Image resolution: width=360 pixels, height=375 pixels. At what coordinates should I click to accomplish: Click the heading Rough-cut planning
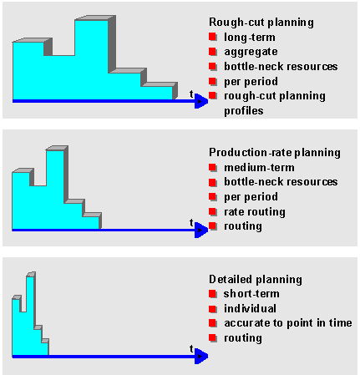(261, 23)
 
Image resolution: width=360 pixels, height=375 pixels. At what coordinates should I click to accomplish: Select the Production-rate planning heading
(275, 153)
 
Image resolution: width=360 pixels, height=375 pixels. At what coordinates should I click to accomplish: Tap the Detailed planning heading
(256, 280)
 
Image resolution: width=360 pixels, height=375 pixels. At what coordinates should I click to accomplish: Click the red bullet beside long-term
(213, 37)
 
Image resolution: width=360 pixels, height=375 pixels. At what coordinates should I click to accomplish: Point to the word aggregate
(251, 52)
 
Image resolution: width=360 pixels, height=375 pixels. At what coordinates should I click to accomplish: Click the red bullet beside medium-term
(213, 167)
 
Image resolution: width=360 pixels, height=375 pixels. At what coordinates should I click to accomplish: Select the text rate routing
(255, 212)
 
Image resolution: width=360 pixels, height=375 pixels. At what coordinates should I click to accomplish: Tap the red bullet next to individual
(213, 309)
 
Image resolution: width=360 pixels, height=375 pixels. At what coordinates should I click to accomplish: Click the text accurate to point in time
(288, 323)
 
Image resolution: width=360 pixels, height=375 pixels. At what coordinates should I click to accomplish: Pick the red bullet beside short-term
(213, 294)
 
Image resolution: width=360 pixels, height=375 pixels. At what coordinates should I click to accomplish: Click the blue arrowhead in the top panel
(201, 101)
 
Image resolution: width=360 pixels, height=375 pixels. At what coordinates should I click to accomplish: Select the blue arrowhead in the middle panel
(201, 230)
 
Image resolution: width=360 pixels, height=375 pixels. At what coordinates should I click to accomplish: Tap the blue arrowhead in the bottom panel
(201, 356)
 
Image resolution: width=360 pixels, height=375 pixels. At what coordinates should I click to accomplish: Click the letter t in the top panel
(191, 94)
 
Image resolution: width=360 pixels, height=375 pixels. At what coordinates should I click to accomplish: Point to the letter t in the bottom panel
(191, 348)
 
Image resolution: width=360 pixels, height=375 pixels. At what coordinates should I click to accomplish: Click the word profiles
(244, 111)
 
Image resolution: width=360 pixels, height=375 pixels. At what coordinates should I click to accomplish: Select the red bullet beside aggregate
(213, 52)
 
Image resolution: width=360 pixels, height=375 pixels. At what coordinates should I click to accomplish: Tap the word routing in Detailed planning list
(243, 338)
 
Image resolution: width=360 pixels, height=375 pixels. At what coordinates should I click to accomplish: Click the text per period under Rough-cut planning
(251, 82)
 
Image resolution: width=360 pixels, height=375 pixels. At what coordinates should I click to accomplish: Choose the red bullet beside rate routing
(213, 211)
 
